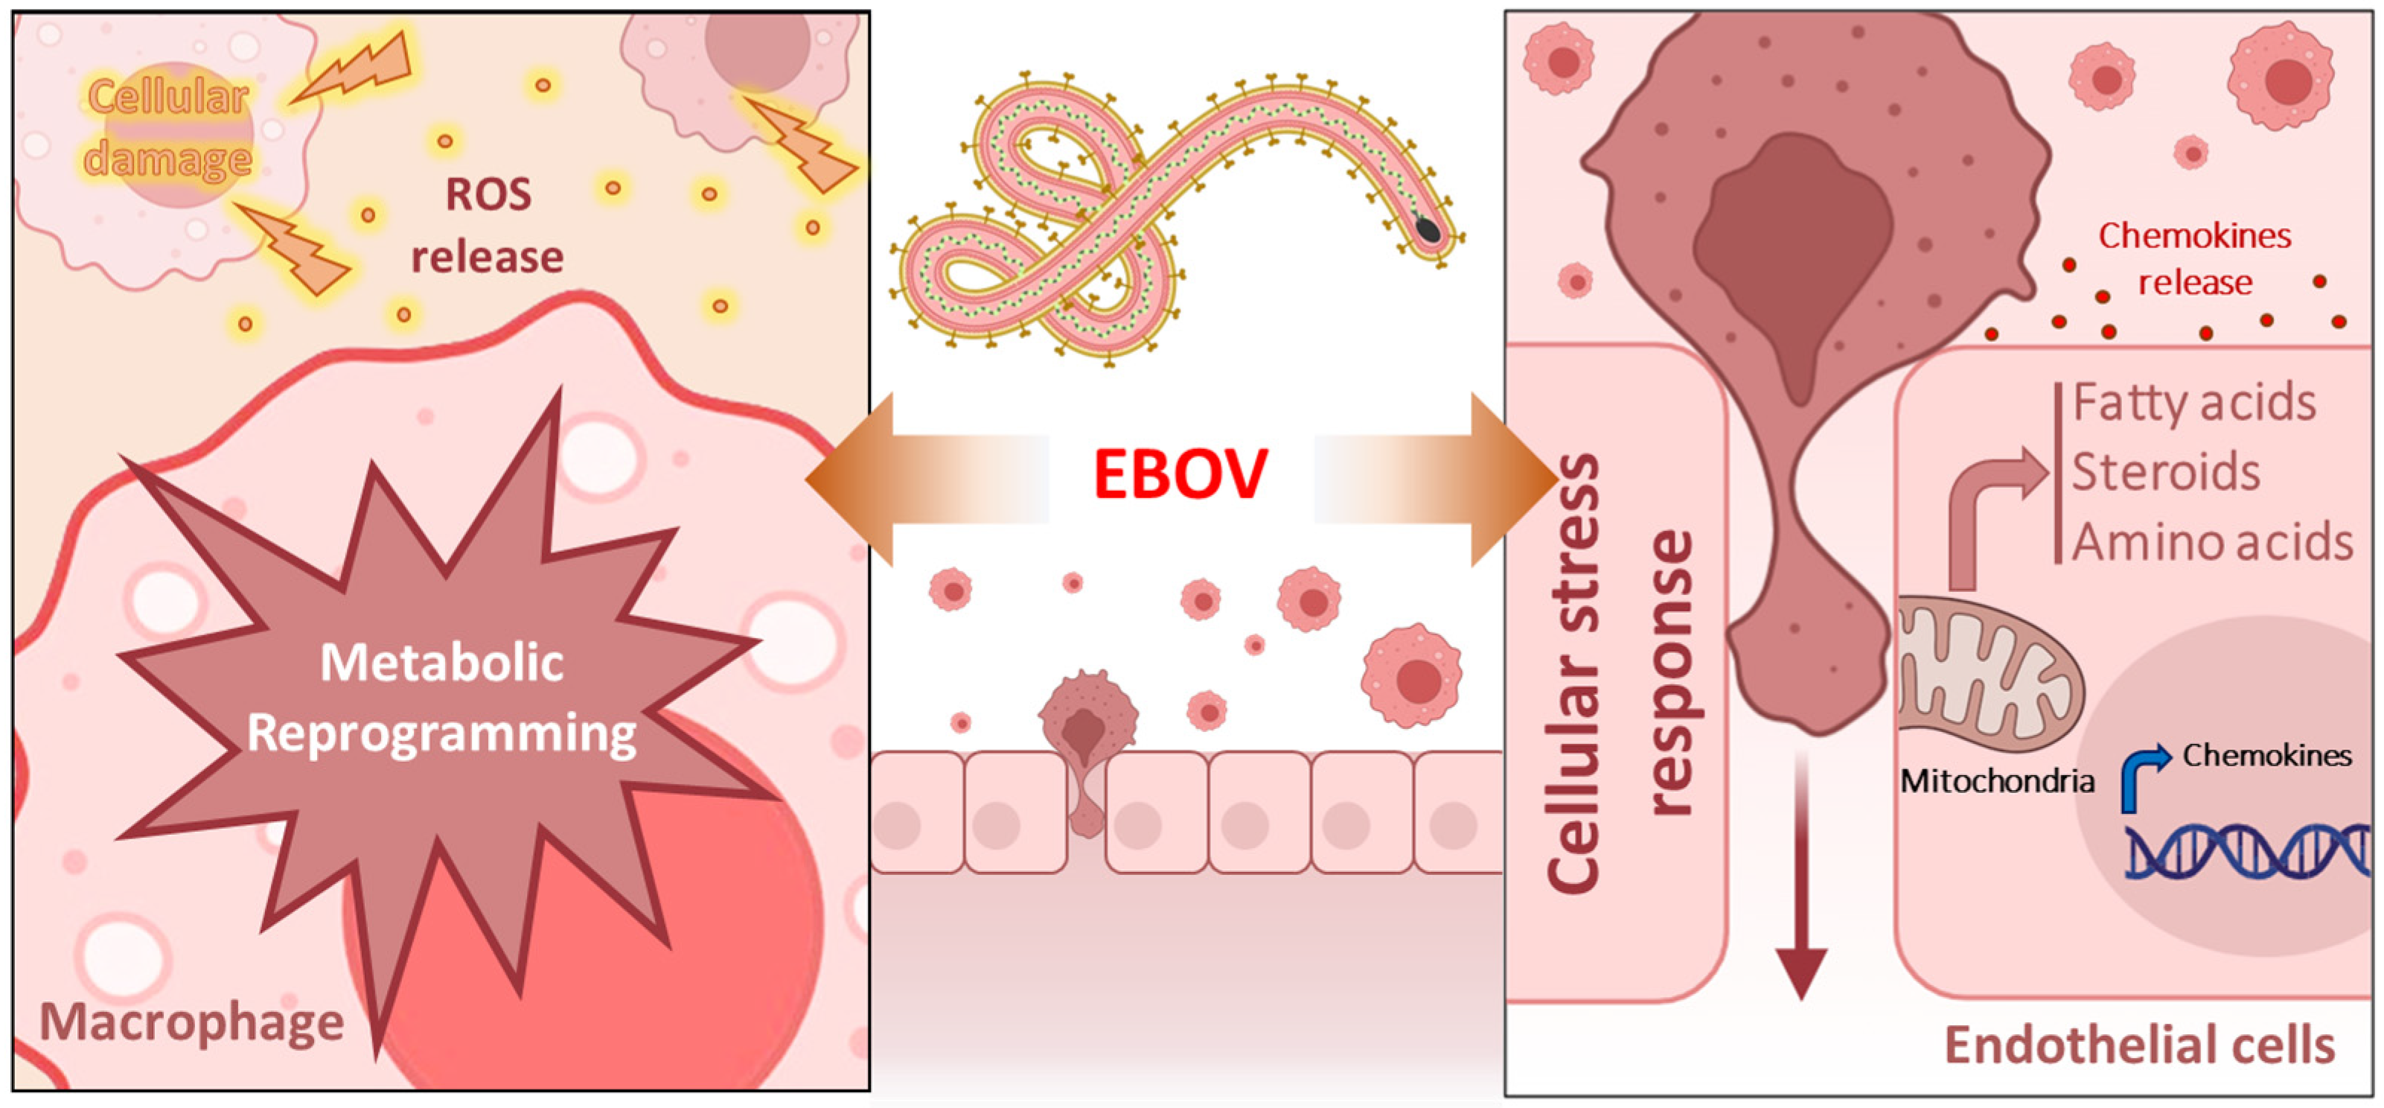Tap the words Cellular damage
[168, 128]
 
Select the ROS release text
[488, 225]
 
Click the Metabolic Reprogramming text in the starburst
[442, 698]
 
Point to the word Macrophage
[191, 1022]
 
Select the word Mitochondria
[1997, 781]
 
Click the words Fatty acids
[2194, 403]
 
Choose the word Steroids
[2166, 472]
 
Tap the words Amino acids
[2212, 542]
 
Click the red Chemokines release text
[2194, 258]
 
